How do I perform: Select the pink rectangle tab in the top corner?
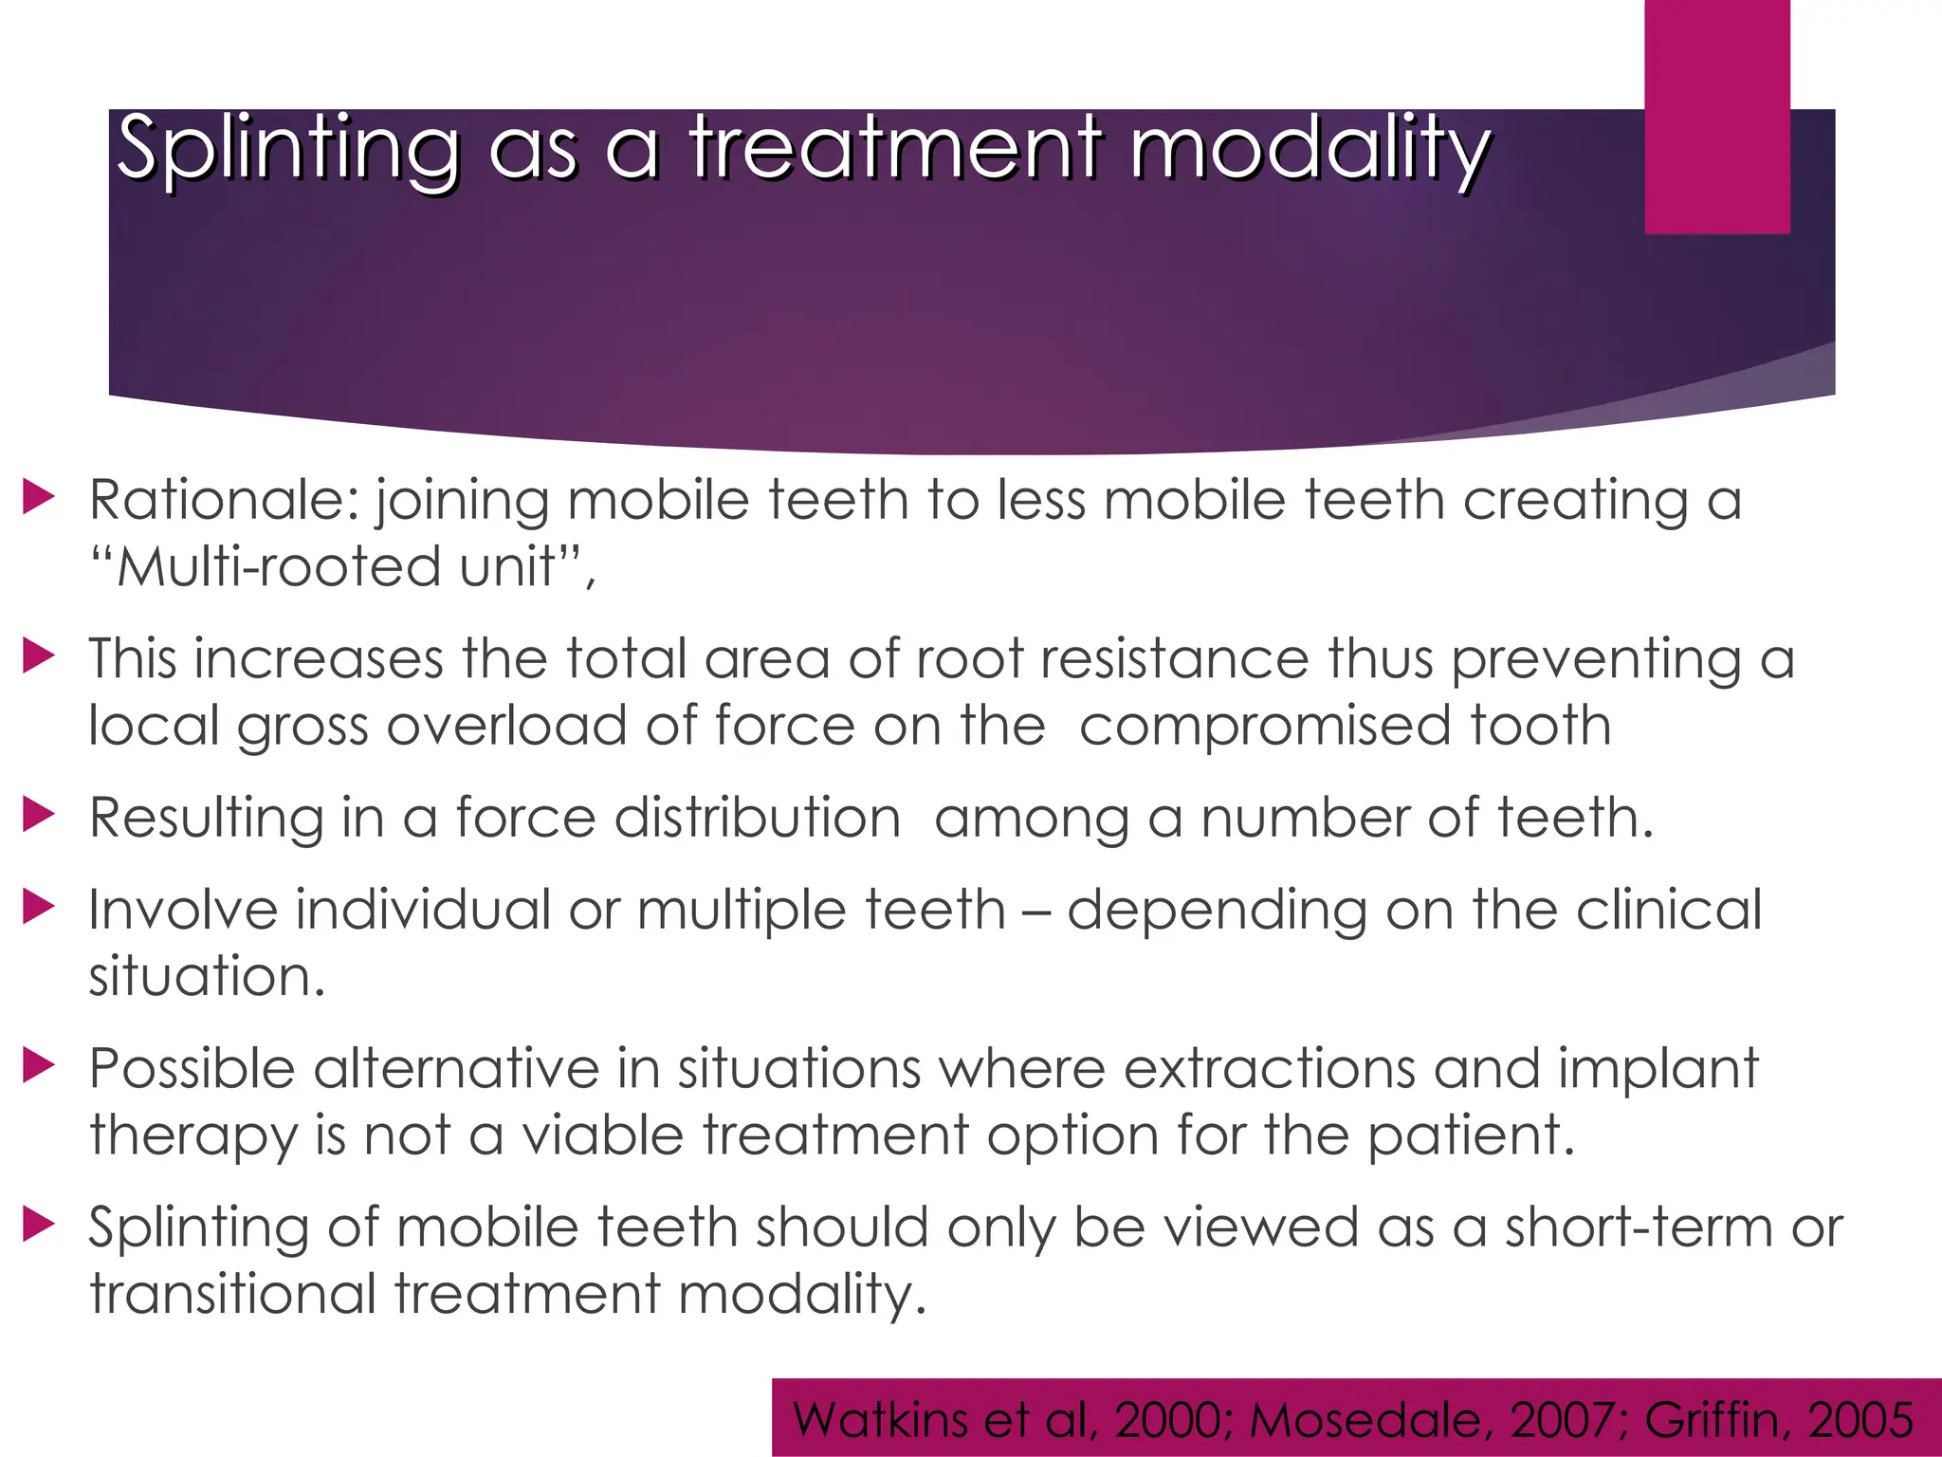pos(1716,116)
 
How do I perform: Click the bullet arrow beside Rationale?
pos(39,498)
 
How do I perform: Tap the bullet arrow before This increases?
pos(39,656)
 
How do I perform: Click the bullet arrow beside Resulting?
pos(39,815)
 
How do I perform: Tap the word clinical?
pos(1669,910)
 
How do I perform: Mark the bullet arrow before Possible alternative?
pos(39,1066)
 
